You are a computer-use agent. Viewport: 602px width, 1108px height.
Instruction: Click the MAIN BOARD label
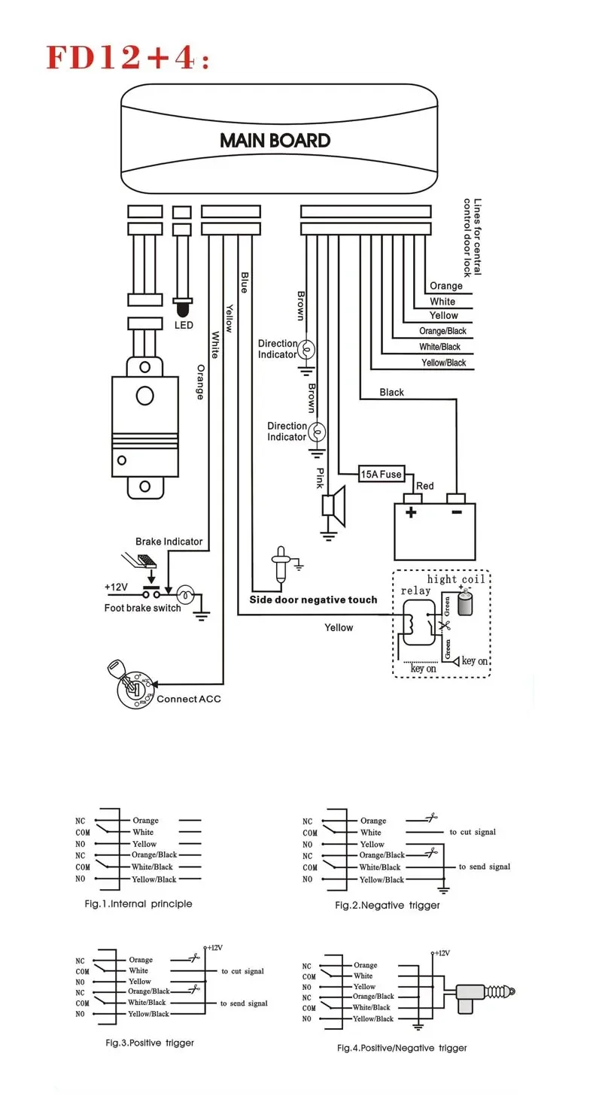(x=275, y=141)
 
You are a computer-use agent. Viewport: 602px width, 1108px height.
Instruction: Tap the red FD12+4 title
(x=128, y=57)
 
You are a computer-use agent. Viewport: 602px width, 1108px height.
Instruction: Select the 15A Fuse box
(x=382, y=475)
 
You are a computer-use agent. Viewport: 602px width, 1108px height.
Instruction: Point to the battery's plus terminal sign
(x=411, y=512)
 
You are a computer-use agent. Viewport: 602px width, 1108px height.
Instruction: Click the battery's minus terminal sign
(x=457, y=512)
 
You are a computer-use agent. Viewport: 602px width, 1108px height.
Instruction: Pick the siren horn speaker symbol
(x=334, y=506)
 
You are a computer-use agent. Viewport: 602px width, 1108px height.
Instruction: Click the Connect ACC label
(x=188, y=699)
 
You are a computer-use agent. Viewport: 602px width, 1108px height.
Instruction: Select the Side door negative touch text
(x=313, y=600)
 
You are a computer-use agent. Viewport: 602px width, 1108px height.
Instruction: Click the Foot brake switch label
(x=142, y=608)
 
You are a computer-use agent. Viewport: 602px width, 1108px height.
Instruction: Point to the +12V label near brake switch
(x=116, y=587)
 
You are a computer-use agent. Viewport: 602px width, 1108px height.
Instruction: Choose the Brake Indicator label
(x=169, y=542)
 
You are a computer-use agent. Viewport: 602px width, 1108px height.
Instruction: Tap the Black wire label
(x=392, y=392)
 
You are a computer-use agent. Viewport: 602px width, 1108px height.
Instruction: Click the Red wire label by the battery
(x=425, y=486)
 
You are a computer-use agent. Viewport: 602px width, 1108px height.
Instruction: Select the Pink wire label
(x=321, y=478)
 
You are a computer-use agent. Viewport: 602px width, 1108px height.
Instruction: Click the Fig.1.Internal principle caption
(x=138, y=903)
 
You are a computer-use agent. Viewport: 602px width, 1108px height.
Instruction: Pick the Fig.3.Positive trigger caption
(x=150, y=1043)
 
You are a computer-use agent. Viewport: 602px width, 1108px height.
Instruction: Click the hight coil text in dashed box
(x=456, y=579)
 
